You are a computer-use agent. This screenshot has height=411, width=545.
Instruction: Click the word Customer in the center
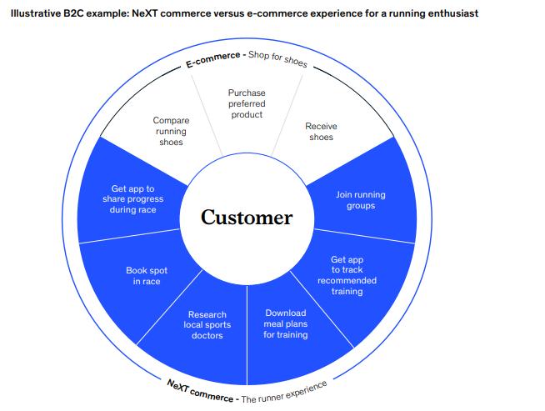coord(247,218)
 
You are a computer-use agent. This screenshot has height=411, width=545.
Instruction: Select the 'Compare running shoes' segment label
coord(171,132)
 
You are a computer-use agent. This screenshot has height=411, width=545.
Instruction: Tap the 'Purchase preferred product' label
coord(247,103)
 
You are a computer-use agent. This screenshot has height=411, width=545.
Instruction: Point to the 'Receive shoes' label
coord(321,132)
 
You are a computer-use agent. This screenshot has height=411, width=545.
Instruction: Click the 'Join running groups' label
coord(360,200)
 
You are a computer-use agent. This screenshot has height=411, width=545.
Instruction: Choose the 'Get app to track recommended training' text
coord(347,275)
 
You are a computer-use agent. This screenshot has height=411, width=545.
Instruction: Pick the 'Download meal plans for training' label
coord(286,323)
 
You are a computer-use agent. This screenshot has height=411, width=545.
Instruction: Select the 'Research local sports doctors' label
coord(207,324)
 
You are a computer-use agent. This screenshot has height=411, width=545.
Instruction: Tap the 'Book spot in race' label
coord(147,276)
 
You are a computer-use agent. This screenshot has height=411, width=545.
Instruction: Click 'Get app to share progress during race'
coord(133,199)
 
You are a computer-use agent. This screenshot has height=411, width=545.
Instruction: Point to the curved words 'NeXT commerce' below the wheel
coord(199,390)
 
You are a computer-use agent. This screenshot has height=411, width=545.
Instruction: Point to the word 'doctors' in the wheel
coord(207,335)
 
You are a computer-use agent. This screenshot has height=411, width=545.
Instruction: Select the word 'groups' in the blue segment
coord(360,206)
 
